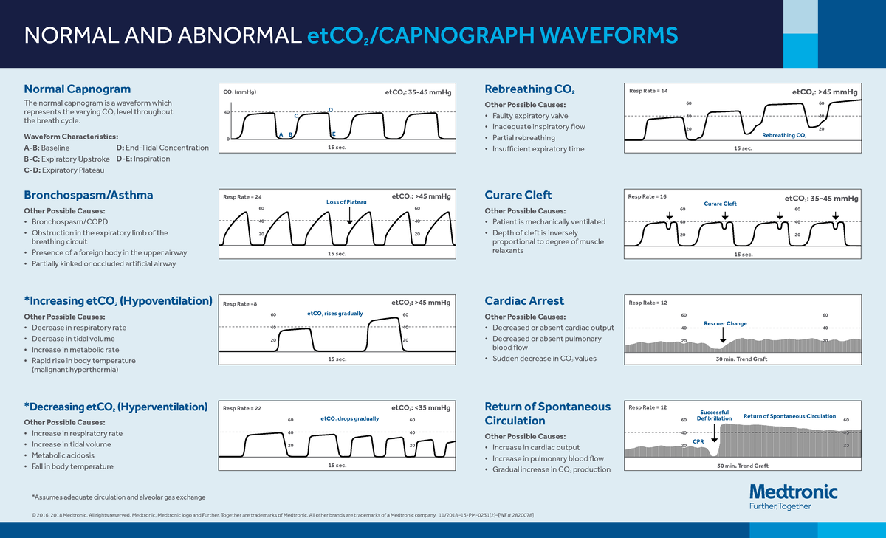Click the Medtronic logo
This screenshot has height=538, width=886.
point(793,492)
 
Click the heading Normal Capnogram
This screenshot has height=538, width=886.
point(78,89)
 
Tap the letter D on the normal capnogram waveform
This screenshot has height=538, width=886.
point(330,110)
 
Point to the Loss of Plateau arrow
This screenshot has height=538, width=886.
point(349,215)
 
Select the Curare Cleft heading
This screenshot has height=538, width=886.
point(518,195)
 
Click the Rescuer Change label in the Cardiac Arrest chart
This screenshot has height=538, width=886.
point(725,323)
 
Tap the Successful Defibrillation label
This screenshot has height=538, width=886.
point(714,415)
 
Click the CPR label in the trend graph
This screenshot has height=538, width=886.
point(698,441)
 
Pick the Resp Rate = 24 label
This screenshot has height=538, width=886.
point(242,197)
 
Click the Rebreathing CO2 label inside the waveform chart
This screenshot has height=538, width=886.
point(783,135)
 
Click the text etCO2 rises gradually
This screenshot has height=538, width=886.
point(334,314)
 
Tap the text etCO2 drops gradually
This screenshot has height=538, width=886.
point(349,418)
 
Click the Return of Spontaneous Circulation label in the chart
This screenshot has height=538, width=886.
point(789,417)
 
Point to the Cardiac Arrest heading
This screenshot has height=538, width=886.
point(523,300)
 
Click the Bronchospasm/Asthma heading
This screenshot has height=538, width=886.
point(89,195)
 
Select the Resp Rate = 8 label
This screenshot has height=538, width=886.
point(241,303)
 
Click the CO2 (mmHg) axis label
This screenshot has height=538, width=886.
point(240,92)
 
